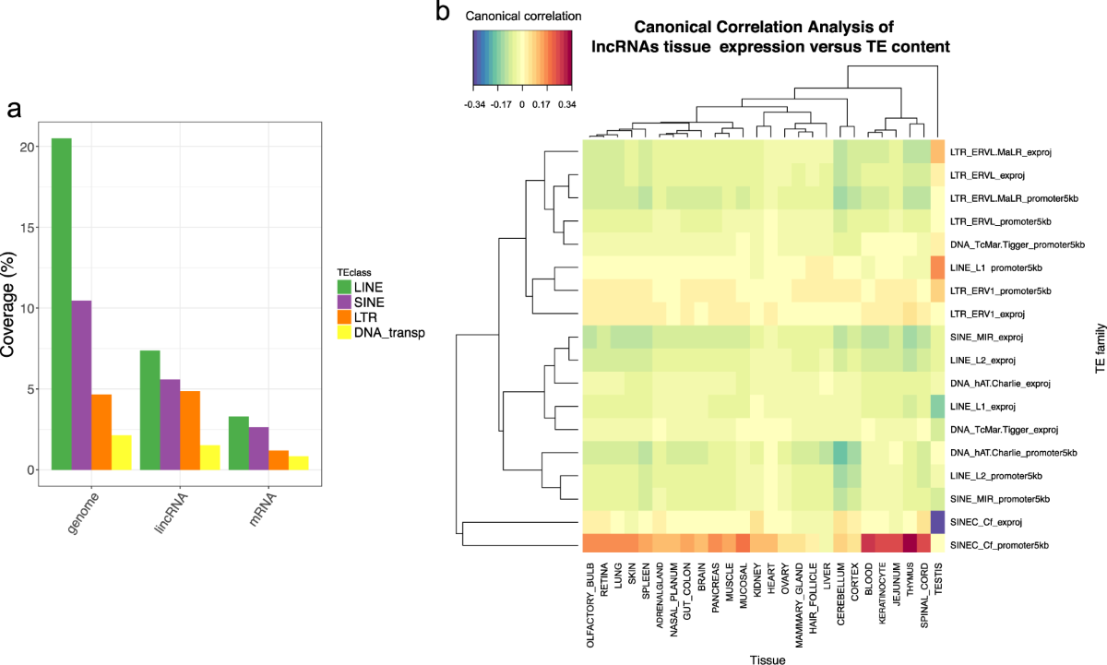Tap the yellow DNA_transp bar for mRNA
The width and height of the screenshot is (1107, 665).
pyautogui.click(x=298, y=463)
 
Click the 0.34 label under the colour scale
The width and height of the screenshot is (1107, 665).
pyautogui.click(x=565, y=106)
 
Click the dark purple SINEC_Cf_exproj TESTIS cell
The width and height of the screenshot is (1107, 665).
pyautogui.click(x=937, y=521)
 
